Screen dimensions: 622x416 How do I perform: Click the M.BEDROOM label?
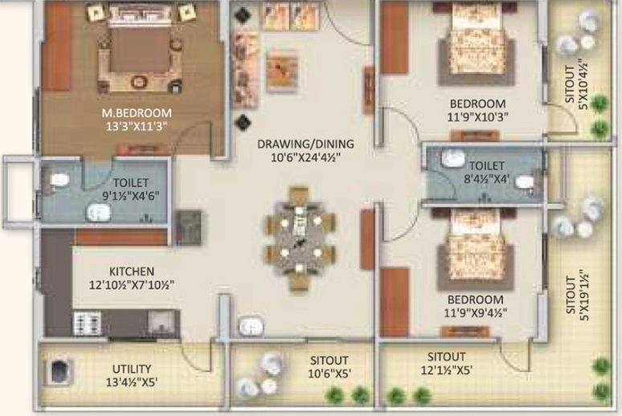coord(137,113)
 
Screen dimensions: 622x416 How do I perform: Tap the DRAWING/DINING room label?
coord(305,144)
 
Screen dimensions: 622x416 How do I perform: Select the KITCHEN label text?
coord(132,271)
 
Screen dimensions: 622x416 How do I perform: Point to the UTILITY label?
coord(132,369)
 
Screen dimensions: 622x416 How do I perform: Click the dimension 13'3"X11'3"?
coord(137,127)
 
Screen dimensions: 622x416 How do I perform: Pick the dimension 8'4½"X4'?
coord(486,179)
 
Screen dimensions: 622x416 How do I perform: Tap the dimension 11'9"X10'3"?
coord(478,117)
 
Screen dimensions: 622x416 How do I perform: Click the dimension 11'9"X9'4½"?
coord(475,313)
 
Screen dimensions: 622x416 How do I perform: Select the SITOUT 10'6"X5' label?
coord(329,367)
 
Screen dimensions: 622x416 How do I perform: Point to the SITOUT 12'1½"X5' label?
coord(446,363)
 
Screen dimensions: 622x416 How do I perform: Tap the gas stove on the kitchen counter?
coord(87,323)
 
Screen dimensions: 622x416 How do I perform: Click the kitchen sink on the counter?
coord(161,323)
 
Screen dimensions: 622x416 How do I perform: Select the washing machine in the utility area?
coord(59,372)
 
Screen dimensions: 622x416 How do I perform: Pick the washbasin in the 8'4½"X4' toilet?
coord(452,158)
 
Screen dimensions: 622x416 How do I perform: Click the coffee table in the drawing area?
coord(281,70)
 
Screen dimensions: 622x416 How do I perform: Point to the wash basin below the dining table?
coord(251,327)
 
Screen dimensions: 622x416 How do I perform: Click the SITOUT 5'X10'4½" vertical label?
coord(576,84)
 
